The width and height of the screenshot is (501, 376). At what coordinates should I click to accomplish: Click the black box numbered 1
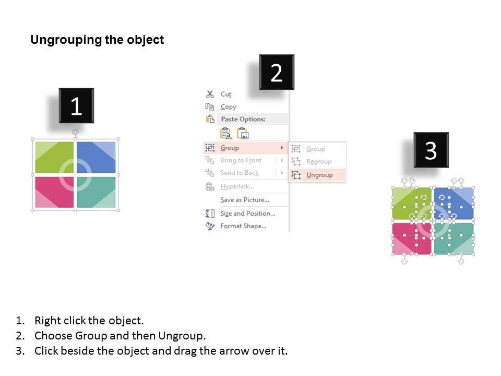point(76,105)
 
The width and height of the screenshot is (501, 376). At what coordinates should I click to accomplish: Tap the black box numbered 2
point(277,72)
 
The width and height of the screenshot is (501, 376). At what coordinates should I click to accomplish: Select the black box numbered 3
point(431,150)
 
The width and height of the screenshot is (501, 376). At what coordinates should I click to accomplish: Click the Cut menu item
point(225,94)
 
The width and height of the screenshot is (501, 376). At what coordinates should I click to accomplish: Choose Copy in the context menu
point(228,107)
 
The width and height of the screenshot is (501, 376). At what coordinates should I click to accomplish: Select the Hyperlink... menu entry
point(237,186)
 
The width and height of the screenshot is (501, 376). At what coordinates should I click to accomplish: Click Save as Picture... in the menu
point(245,200)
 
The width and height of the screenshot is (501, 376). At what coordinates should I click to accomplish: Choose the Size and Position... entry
point(247,213)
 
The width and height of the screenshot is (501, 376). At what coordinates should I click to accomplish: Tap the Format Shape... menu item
point(243,226)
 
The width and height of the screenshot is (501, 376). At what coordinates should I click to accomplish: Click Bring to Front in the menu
point(241,160)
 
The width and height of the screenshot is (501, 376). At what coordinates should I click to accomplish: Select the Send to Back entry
point(240,173)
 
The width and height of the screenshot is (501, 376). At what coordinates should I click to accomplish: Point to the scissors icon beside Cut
point(210,94)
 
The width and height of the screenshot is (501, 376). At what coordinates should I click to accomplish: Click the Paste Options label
point(243,119)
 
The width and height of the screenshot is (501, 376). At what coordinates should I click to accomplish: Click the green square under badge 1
point(54,157)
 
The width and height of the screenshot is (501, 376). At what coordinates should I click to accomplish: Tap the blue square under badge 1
point(96,157)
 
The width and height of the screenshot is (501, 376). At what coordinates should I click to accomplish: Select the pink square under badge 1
point(54,192)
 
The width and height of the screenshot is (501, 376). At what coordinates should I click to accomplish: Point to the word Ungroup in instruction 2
point(182,336)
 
